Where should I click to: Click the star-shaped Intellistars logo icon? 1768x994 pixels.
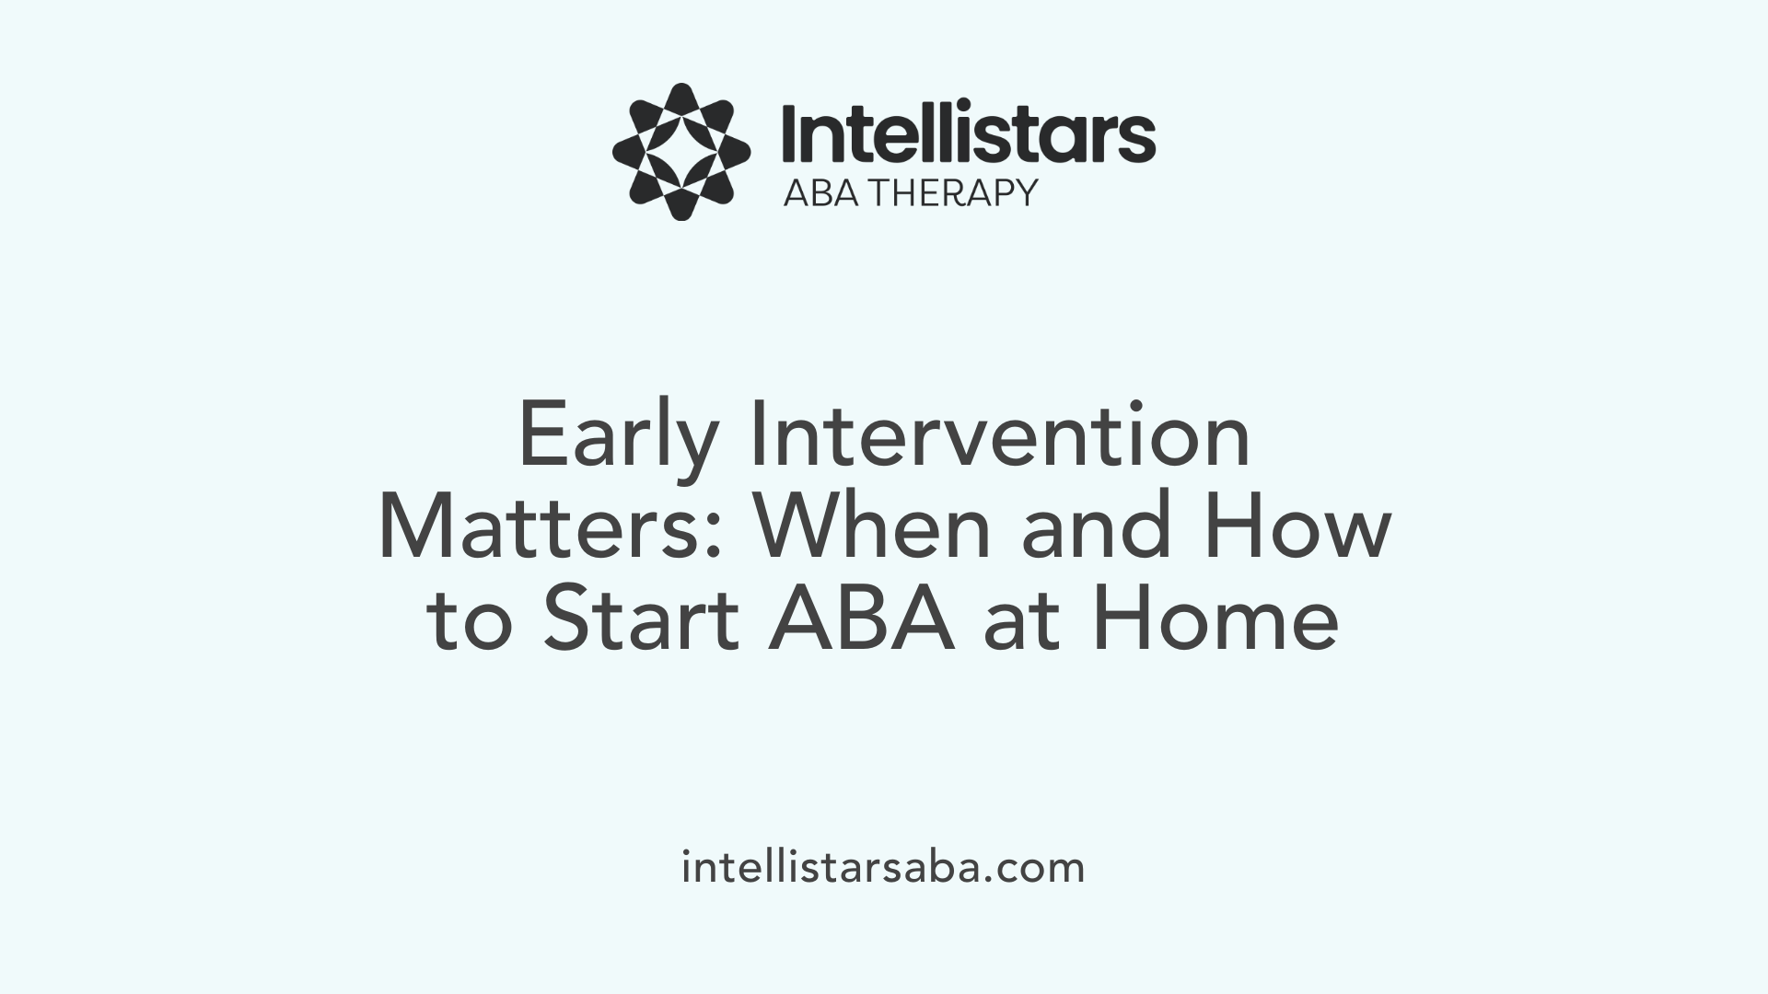(681, 152)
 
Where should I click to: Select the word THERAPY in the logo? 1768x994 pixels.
(954, 193)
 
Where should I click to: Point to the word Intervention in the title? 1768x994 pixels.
(1000, 434)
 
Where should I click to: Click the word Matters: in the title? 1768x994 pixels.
(550, 527)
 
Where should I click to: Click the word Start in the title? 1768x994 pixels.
(641, 619)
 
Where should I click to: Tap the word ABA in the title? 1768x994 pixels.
(862, 619)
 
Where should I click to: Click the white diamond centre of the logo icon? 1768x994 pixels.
(681, 152)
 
